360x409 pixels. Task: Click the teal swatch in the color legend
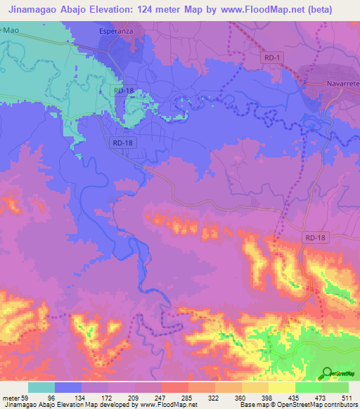coord(41,387)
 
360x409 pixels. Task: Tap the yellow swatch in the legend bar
coord(282,387)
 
